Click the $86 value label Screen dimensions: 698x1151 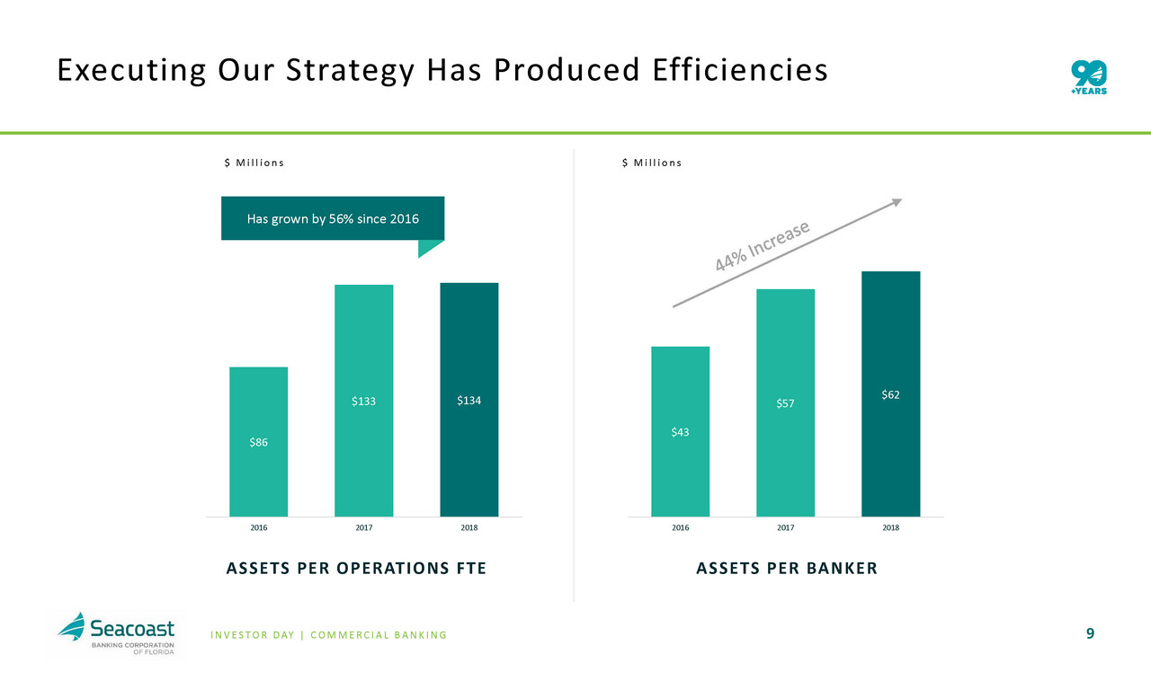258,442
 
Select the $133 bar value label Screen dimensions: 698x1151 363,401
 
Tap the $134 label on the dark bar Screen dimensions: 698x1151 468,400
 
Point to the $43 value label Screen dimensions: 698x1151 680,433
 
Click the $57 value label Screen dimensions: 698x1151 785,404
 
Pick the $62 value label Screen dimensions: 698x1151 890,394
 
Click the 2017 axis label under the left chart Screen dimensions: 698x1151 363,527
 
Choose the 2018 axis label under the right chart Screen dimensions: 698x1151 890,527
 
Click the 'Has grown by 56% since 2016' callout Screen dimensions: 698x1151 333,218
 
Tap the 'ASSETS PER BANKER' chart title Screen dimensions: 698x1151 786,568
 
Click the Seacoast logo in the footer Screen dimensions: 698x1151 116,632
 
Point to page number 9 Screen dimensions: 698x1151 1090,634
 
